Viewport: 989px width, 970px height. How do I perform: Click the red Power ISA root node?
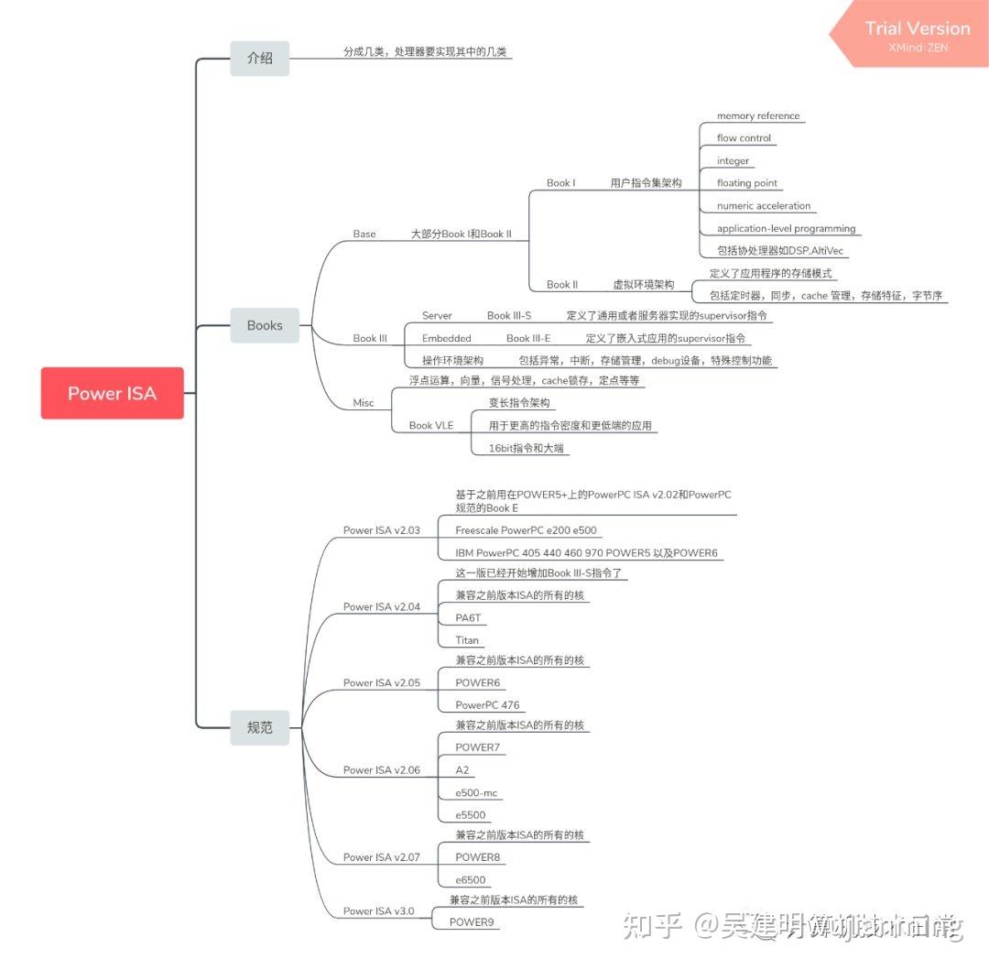tap(112, 393)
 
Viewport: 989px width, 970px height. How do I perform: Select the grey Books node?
tap(265, 325)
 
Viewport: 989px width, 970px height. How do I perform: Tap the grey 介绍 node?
tap(259, 58)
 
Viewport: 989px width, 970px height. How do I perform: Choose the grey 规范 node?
tap(259, 727)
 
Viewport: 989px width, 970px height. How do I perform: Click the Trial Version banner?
tap(917, 34)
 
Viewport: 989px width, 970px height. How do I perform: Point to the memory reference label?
tap(758, 116)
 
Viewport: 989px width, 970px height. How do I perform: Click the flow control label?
tap(744, 138)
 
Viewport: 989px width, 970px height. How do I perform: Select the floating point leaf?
tap(747, 183)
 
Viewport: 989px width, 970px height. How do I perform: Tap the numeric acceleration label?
tap(764, 206)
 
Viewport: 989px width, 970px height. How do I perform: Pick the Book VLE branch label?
tap(430, 425)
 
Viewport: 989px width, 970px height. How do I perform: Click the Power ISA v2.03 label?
tap(381, 530)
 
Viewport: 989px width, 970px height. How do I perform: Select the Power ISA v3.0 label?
tap(378, 911)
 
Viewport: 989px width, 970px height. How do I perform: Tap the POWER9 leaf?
tap(473, 922)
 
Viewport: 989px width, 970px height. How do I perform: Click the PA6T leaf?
tap(468, 618)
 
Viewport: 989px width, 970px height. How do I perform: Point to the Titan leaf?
tap(467, 640)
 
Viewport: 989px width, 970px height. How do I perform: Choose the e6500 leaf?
tap(471, 880)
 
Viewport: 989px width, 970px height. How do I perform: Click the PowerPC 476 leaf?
tap(487, 705)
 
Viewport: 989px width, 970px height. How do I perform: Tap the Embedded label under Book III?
tap(446, 338)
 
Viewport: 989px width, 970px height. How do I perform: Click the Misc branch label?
tap(364, 403)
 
